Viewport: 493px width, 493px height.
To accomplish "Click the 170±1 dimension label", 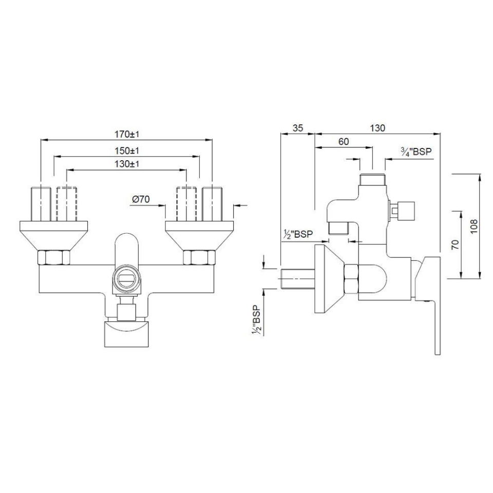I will tap(127, 135).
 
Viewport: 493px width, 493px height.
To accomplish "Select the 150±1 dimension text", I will tap(127, 150).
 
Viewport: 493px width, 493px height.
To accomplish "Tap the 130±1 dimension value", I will tap(127, 164).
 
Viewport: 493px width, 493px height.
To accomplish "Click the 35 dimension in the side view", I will tap(297, 128).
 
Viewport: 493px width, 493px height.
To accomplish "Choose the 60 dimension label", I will tap(344, 142).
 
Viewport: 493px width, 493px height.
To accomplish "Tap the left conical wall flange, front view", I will tap(54, 234).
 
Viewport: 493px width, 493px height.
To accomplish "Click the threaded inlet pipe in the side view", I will tap(297, 278).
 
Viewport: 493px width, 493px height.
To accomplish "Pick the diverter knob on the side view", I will tap(401, 210).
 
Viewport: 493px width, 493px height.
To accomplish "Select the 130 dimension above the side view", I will tap(377, 128).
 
